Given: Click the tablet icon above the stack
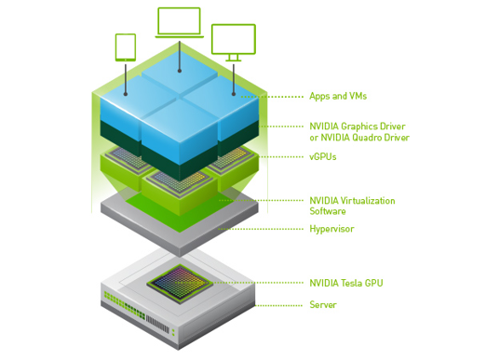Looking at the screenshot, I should point(126,47).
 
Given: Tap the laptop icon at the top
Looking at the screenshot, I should point(180,24).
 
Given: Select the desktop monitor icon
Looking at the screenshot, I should point(233,41).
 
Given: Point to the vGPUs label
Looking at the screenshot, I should point(323,157).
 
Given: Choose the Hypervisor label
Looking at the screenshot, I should point(331,229).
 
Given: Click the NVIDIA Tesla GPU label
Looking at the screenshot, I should point(345,283).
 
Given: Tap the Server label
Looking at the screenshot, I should point(323,304).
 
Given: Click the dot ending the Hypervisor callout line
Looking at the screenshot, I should point(220,229).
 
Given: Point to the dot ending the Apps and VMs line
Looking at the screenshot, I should point(242,96).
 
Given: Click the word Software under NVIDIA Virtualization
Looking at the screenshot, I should point(328,211).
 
